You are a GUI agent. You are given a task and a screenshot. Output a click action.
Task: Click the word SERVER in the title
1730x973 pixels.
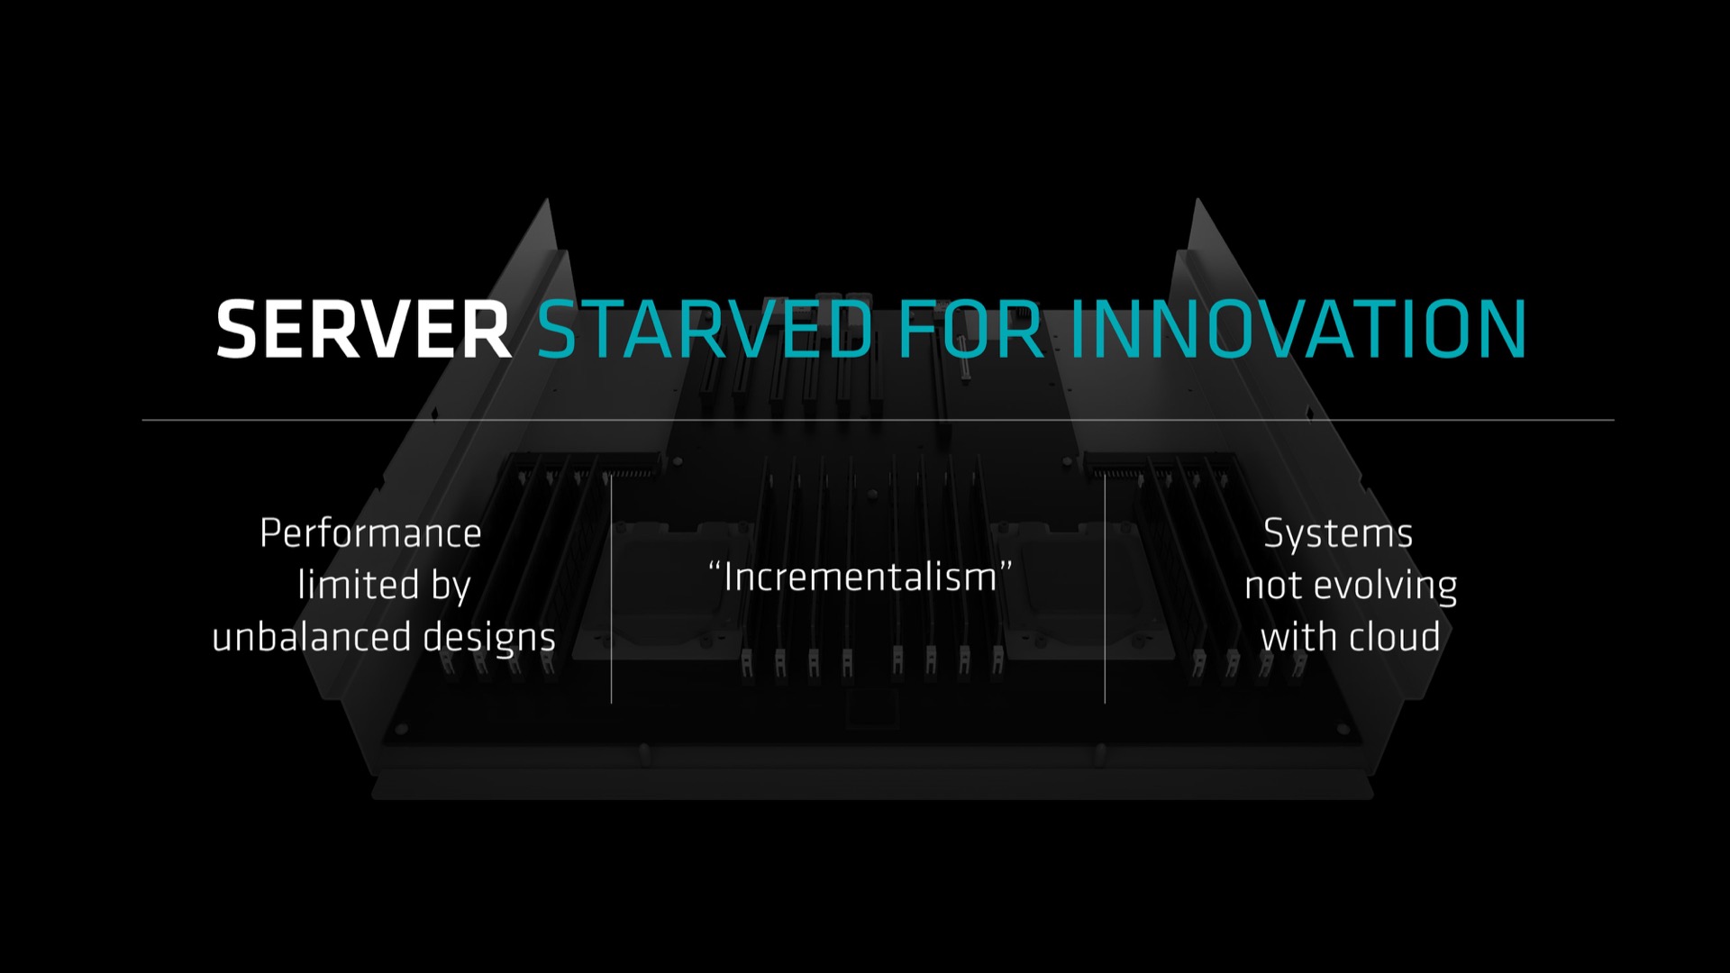click(x=364, y=330)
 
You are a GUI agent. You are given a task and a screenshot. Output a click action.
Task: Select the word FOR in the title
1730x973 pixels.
click(x=970, y=330)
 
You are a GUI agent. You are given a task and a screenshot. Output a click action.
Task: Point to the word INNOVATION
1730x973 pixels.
click(x=1297, y=330)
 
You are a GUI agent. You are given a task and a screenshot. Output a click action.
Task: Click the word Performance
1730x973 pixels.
click(x=370, y=533)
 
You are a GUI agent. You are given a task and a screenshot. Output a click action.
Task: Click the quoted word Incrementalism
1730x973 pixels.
click(x=860, y=577)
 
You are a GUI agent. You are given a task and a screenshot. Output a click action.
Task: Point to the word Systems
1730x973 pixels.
click(x=1338, y=534)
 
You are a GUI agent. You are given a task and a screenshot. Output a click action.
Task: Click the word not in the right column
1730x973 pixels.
click(x=1274, y=587)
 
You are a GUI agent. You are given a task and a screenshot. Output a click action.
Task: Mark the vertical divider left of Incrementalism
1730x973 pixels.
click(x=611, y=588)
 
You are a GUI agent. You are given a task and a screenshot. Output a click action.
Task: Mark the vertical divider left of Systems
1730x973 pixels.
click(x=1105, y=588)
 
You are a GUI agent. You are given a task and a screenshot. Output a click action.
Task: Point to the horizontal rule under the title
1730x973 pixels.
click(x=878, y=420)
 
